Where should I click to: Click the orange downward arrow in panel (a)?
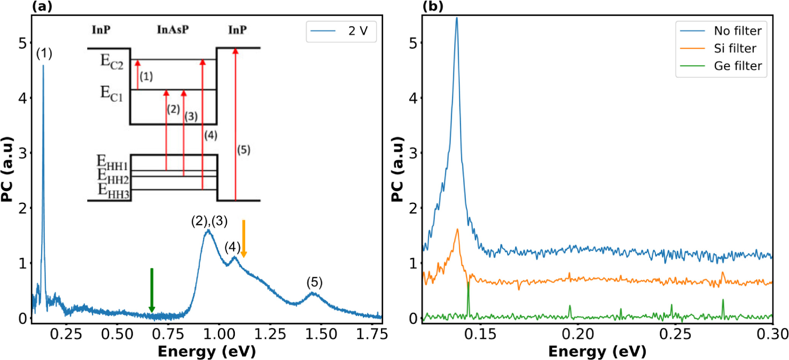[x=243, y=238]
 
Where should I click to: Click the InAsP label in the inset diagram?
[x=173, y=30]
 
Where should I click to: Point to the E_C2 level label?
[x=112, y=61]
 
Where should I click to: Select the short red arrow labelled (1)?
[x=138, y=74]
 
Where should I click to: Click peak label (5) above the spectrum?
[x=314, y=283]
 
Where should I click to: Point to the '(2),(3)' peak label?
[x=209, y=221]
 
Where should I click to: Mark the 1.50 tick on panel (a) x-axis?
[x=321, y=334]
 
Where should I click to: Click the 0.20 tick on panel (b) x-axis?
[x=578, y=334]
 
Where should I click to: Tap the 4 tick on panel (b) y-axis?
[x=413, y=98]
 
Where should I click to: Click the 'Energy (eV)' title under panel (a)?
[x=207, y=352]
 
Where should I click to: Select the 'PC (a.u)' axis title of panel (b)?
[x=398, y=169]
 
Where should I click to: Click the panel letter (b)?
[x=433, y=6]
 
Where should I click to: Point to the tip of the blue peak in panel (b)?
[x=456, y=18]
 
